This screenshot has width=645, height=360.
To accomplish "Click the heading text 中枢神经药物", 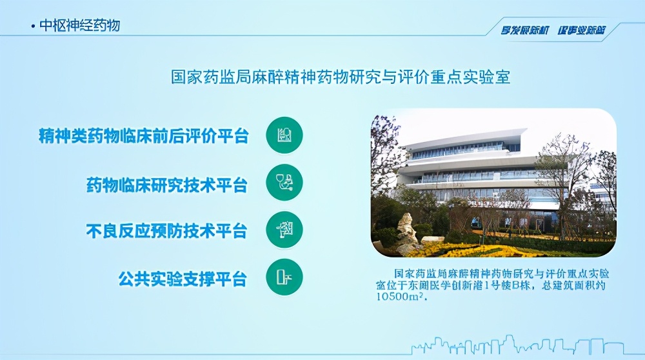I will (79, 25).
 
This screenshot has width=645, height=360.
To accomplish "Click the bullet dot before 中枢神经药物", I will (33, 26).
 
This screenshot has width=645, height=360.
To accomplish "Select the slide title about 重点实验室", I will (340, 77).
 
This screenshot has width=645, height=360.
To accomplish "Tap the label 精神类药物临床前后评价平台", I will (143, 135).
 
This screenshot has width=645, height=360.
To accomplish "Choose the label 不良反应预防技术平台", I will (167, 230).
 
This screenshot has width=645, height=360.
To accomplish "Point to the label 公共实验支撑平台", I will (183, 279).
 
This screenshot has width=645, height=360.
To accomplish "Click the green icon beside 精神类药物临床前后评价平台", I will (284, 135).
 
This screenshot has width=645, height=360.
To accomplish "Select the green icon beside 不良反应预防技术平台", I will (284, 230).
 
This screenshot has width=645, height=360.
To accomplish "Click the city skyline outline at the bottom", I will (516, 345).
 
